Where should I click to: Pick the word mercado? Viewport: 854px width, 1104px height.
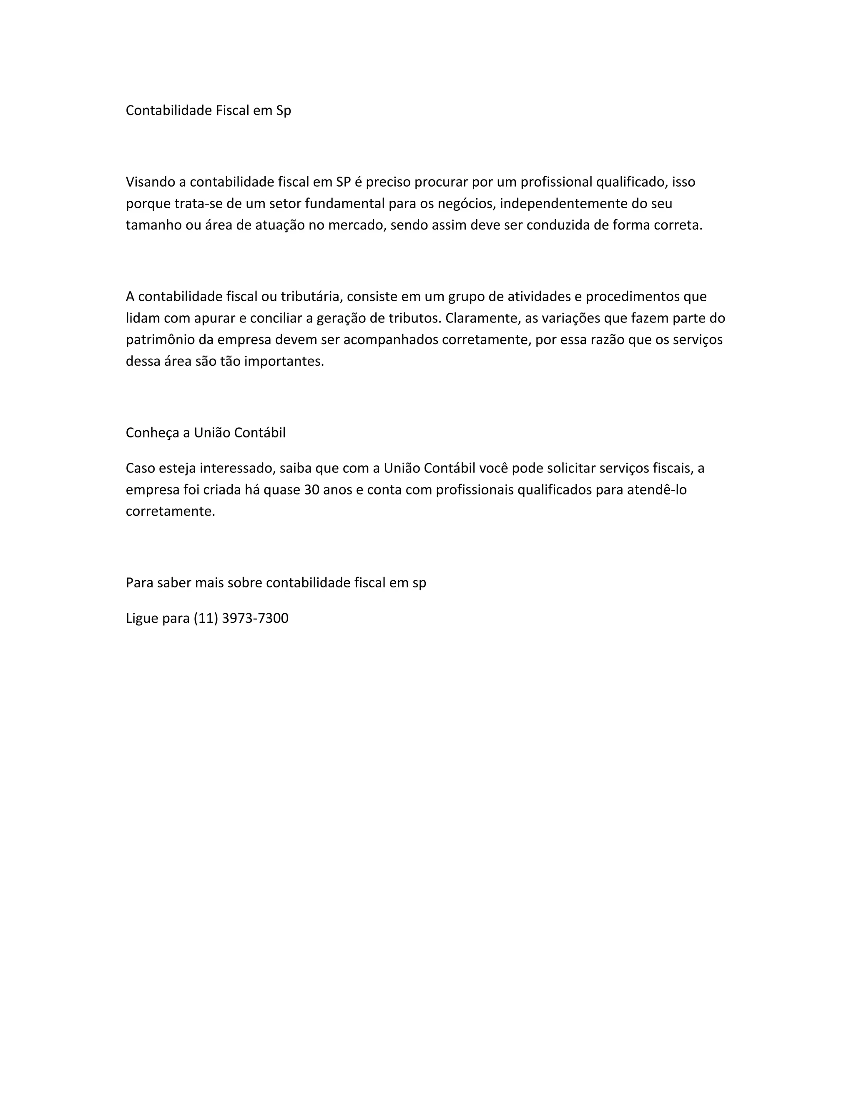[357, 225]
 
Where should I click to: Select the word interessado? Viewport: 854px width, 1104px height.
[237, 468]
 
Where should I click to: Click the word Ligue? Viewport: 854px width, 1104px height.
[142, 618]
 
